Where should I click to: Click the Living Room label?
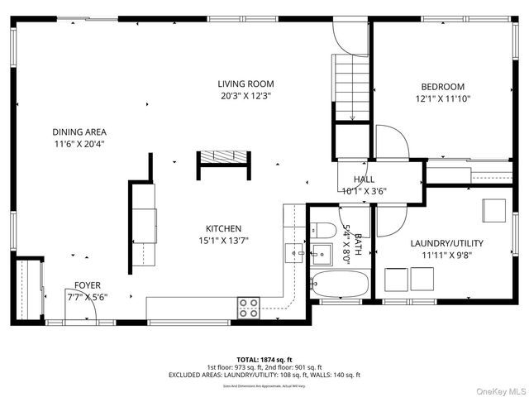pos(245,84)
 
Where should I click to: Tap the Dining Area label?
pos(79,132)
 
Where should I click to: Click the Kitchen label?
pos(223,228)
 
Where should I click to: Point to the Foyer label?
pos(88,285)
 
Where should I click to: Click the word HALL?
pos(364,179)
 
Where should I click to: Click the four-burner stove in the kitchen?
pos(249,308)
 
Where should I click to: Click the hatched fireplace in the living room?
pos(222,158)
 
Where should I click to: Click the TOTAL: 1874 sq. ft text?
pos(264,360)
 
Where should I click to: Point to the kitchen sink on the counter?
pos(295,251)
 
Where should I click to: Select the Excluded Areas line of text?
pos(264,375)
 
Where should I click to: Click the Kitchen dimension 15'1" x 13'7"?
pos(223,241)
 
